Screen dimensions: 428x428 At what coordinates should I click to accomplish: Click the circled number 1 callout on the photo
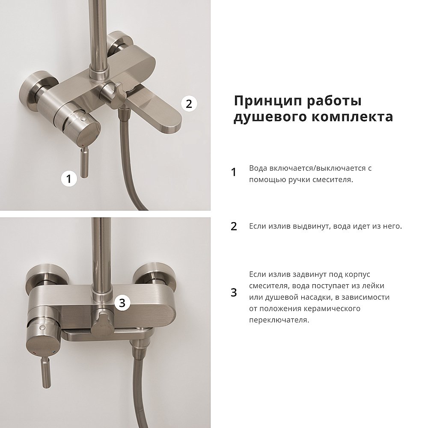coord(68,178)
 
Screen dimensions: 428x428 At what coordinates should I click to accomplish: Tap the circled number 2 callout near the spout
coord(189,103)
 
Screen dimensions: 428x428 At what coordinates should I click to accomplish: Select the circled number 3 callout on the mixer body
coord(122,303)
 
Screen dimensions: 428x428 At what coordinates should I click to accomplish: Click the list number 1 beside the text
coord(234,172)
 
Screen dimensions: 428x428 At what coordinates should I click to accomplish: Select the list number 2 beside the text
coord(234,226)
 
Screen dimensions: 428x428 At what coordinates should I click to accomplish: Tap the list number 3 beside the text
coord(234,292)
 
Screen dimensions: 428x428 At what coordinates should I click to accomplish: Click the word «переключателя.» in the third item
coord(279,320)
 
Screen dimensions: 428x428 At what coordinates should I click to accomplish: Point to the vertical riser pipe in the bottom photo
coord(102,248)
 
